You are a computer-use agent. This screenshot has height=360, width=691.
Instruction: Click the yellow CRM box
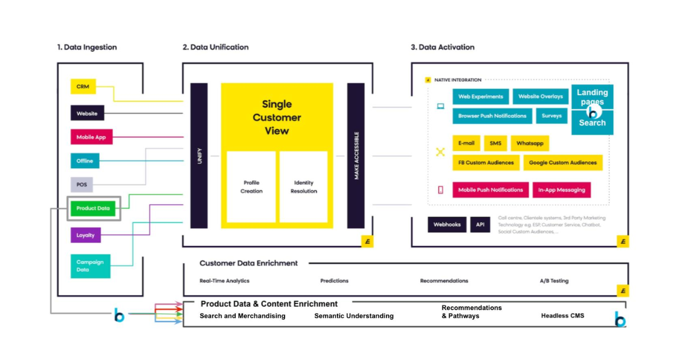tap(83, 86)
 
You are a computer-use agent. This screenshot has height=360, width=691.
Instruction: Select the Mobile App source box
tap(91, 137)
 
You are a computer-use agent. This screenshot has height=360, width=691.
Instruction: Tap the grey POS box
tap(82, 185)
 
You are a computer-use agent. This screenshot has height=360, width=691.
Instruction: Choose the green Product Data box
tap(93, 208)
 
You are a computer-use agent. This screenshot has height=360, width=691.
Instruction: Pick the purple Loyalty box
tap(85, 235)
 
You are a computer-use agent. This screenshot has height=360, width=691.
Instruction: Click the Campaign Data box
tap(90, 266)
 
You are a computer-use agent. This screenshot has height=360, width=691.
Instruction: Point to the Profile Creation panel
tap(251, 187)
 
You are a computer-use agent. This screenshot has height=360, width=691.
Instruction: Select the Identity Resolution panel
tap(303, 187)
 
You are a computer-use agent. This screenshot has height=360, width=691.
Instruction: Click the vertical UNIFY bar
tap(199, 156)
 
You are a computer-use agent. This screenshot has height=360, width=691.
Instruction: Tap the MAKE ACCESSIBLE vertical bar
tap(356, 156)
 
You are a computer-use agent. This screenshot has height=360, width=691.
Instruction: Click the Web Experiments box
tap(480, 97)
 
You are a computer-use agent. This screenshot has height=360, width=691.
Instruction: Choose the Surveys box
tap(551, 116)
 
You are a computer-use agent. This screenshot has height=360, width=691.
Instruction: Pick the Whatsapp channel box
tap(529, 143)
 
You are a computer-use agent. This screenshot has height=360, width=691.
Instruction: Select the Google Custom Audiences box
tap(563, 163)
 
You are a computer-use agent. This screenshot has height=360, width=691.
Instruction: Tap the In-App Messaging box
tap(561, 190)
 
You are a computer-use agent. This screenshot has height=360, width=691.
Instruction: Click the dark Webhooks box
tap(447, 225)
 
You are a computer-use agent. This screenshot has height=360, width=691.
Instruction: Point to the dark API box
tap(480, 225)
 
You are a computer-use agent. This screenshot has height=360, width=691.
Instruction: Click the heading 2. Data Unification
tap(215, 47)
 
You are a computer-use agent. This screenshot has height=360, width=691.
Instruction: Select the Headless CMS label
tap(562, 316)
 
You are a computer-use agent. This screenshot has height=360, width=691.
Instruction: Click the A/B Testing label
tap(554, 281)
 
